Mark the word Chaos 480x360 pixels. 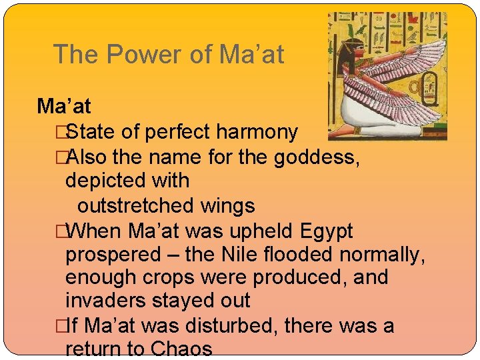tap(182, 349)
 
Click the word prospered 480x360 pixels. tap(113, 255)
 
